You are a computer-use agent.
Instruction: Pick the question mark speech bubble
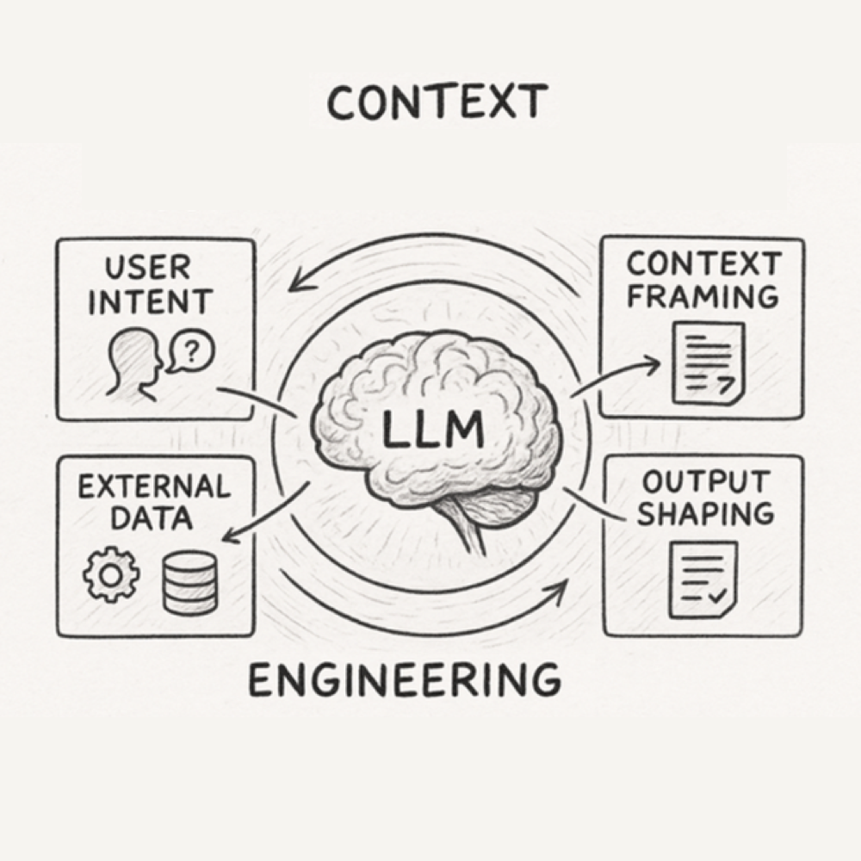[x=192, y=351]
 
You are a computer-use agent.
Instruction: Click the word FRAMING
[x=703, y=297]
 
